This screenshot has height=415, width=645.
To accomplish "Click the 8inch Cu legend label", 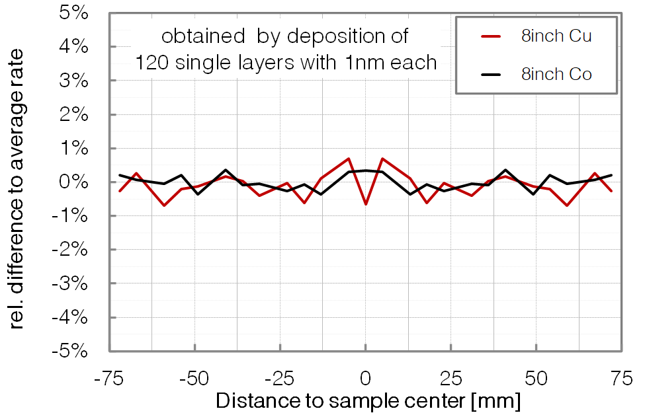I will [x=556, y=36].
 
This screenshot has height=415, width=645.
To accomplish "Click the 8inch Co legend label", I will [x=556, y=75].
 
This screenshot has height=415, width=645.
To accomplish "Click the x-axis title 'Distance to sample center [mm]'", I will [x=368, y=400].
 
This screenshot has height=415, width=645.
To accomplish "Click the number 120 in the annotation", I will [x=153, y=63].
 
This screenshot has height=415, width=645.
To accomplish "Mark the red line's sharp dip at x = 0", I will [x=365, y=204].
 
